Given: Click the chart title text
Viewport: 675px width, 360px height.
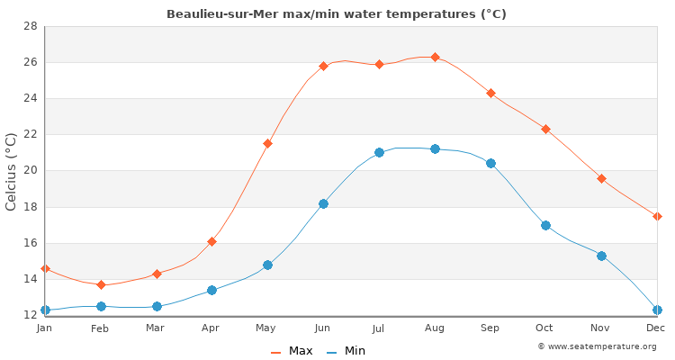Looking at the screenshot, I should tap(337, 14).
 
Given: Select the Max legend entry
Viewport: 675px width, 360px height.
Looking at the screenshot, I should tap(292, 351).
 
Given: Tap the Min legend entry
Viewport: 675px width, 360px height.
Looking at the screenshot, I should tap(346, 351).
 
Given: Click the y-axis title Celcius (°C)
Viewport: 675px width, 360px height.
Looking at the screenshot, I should tap(12, 171).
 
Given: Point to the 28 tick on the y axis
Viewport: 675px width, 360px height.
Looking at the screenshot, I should tap(30, 26).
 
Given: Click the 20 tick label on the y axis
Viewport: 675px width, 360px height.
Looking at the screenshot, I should tap(30, 171).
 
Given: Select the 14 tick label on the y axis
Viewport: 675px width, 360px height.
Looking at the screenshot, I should tap(30, 279).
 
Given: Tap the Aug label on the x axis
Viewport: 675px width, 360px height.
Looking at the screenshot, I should tap(435, 328).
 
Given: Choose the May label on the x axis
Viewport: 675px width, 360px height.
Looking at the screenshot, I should tap(266, 328).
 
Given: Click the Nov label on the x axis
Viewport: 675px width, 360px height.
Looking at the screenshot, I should tap(600, 328).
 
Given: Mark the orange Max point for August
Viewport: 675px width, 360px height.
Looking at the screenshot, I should tap(436, 57).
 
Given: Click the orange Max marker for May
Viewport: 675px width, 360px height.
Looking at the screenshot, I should tap(267, 143).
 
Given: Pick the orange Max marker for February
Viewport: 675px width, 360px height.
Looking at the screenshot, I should tap(101, 284).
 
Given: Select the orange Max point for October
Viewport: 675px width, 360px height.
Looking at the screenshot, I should tap(545, 129).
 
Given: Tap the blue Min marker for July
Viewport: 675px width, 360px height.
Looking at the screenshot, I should tap(379, 152).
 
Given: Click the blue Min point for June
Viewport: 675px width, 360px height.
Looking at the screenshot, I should tap(323, 203).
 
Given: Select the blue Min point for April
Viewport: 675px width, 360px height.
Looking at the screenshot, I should tap(211, 290).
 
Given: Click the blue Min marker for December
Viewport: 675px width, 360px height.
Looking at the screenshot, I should tap(657, 310).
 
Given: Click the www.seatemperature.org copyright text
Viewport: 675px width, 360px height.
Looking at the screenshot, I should tap(597, 346).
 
